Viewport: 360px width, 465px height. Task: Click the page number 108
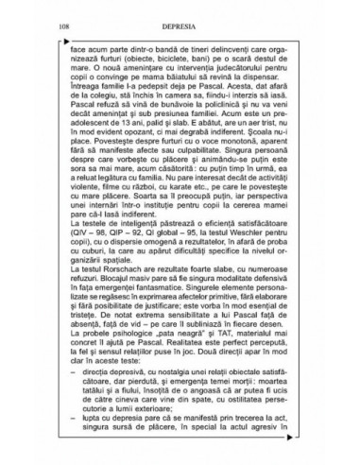(62, 21)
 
